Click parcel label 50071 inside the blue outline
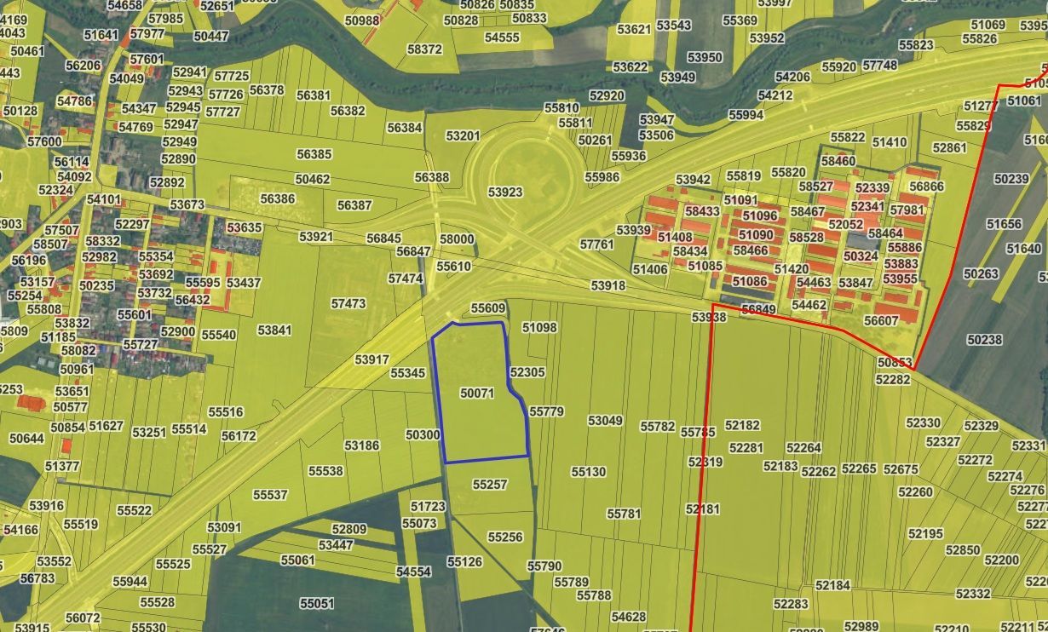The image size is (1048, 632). pos(476,394)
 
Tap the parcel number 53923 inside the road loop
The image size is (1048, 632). pos(505,192)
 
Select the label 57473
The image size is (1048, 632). pos(348,303)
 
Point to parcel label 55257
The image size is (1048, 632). pos(490,485)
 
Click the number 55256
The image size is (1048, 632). pos(505,537)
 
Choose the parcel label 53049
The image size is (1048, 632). pos(605,421)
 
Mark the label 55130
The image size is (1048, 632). pos(588,472)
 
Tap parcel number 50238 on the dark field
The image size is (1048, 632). pos(985,340)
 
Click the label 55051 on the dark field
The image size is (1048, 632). pos(317,603)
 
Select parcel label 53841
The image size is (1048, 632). pos(274,330)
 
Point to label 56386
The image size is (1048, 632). pos(277,198)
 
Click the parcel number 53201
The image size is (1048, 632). pos(463,135)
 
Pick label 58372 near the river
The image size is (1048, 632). pos(424,49)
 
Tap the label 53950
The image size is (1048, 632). pos(705,58)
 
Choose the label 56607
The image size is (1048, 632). pos(881,321)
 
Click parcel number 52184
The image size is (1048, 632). pos(832,585)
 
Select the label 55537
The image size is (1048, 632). pos(270,495)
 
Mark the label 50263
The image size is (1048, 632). pos(981,273)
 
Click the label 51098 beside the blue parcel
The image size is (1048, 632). pos(539,327)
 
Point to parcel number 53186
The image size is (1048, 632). pos(361,445)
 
